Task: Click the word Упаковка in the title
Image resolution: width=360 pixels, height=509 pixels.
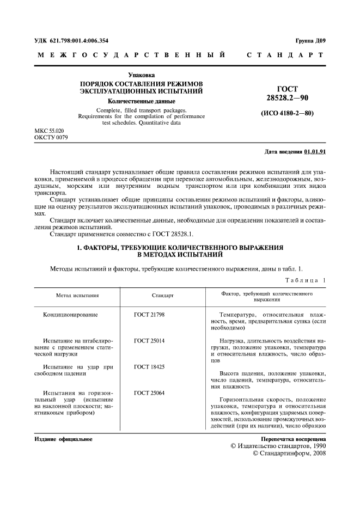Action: coord(142,75)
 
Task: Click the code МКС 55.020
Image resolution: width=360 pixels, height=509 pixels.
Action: coord(49,132)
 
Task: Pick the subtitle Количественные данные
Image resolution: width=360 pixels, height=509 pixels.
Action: coord(142,101)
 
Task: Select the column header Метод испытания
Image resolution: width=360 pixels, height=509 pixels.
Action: coord(77,296)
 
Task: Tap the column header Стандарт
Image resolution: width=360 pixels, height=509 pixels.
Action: coord(162,296)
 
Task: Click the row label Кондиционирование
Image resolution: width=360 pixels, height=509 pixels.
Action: coord(74,315)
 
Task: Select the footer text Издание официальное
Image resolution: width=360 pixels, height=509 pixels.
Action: coord(63,439)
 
